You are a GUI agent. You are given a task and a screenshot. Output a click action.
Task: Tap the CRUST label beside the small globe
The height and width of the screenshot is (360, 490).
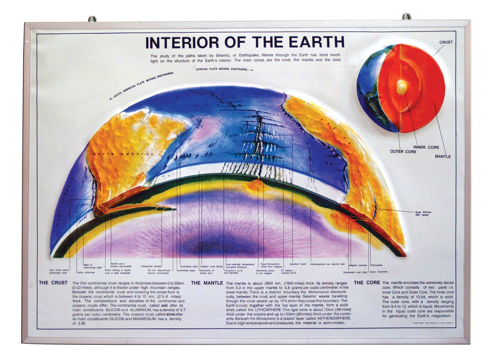tap(446, 42)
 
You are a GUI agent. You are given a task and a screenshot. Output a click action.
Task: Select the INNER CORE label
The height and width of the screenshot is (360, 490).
tap(426, 147)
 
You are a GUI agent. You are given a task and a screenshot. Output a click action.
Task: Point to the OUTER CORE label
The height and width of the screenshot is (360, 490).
tap(403, 152)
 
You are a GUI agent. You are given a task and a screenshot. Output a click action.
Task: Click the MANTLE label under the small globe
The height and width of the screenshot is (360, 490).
tap(442, 157)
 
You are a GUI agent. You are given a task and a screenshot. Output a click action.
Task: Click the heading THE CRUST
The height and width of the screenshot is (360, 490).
tap(53, 283)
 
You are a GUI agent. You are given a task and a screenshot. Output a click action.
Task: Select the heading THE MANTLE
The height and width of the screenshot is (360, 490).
tap(207, 283)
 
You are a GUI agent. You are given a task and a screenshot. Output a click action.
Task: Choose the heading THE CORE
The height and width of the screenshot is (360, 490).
tap(367, 283)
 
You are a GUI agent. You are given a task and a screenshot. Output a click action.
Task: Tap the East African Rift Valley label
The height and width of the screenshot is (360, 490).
tap(423, 213)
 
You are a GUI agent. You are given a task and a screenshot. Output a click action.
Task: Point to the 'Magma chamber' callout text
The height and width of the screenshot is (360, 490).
tap(358, 265)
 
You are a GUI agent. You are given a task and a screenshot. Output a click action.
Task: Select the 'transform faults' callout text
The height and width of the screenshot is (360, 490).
tap(297, 264)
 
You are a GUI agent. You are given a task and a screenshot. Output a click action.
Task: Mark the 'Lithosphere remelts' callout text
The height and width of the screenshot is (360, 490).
tap(151, 266)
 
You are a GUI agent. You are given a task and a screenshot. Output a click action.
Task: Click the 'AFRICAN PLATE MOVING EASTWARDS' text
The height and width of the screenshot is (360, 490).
tap(222, 69)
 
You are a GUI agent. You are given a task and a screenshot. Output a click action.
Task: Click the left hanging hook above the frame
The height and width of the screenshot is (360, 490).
tap(92, 19)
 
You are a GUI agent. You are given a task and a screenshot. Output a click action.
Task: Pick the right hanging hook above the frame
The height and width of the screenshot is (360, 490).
tap(406, 16)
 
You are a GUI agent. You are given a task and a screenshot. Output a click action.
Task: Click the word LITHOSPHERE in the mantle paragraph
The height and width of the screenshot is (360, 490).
tap(268, 310)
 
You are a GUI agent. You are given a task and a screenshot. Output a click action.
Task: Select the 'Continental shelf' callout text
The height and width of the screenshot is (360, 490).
tap(189, 267)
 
